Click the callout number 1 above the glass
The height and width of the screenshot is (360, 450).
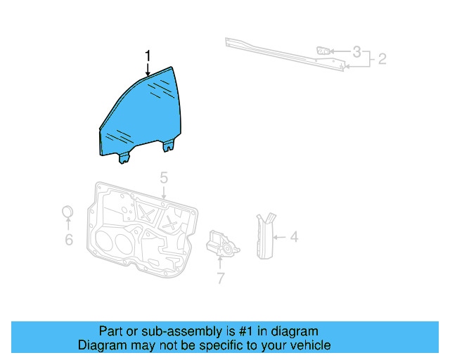[x=148, y=55]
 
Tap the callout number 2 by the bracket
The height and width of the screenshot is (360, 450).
[x=382, y=59]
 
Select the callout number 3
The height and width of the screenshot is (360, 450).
[x=357, y=51]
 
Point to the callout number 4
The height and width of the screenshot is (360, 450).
[x=294, y=238]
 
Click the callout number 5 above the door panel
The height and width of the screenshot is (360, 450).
[x=163, y=177]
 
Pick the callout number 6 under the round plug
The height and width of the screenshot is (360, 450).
[x=68, y=240]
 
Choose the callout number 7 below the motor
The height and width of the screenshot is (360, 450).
[x=220, y=278]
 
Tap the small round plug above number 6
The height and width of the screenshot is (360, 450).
[x=68, y=212]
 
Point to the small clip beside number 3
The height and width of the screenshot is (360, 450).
[x=323, y=51]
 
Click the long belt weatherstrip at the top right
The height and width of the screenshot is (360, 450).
[x=281, y=53]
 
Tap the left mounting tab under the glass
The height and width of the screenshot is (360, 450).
[x=124, y=157]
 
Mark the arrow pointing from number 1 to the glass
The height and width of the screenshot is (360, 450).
[x=148, y=69]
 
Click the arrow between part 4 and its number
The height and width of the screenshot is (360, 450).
[x=280, y=238]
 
